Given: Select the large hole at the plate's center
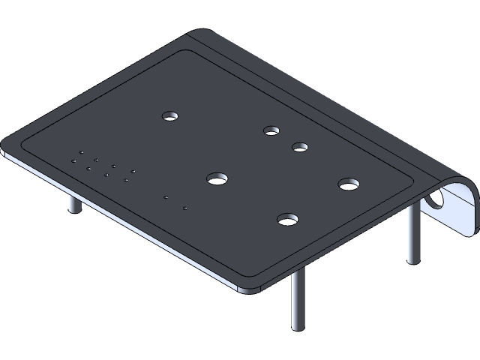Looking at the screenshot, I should coord(217,178).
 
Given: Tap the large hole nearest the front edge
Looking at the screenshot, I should coord(287,220).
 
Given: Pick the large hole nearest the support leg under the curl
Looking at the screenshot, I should coord(349,184).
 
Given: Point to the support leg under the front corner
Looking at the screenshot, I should coord(298,300).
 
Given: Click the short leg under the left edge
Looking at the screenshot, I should coord(73,203).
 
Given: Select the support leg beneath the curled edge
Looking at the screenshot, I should coord(412,234).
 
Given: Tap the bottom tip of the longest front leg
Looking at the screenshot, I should coord(298,328).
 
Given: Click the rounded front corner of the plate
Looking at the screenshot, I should coord(251,289).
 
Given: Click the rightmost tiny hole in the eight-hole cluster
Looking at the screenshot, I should coord(133,171).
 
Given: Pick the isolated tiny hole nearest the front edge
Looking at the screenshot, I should coord(184,207).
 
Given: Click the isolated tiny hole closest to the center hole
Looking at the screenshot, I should coord(166,196).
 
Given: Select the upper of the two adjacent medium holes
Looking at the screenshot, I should coord(271,130).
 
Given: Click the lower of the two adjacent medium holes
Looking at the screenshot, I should coord(301,146).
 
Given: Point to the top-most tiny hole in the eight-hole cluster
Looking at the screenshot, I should coord(81,152).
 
